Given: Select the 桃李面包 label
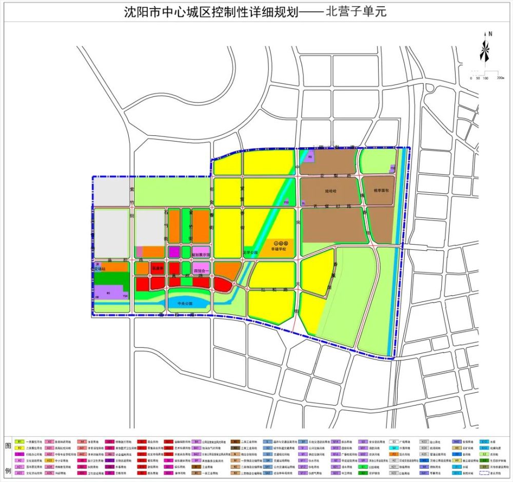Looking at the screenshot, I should click(379, 190).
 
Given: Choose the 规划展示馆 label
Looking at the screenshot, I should click(201, 254).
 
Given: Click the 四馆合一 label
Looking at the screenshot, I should click(201, 270).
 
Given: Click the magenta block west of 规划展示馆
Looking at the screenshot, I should click(174, 252).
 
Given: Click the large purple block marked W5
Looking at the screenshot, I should click(108, 293).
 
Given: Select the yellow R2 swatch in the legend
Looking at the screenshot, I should click(20, 448).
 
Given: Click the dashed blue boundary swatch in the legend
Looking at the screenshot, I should click(485, 473).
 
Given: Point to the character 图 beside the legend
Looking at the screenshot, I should click(7, 445).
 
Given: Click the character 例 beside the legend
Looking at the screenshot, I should click(7, 471).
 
